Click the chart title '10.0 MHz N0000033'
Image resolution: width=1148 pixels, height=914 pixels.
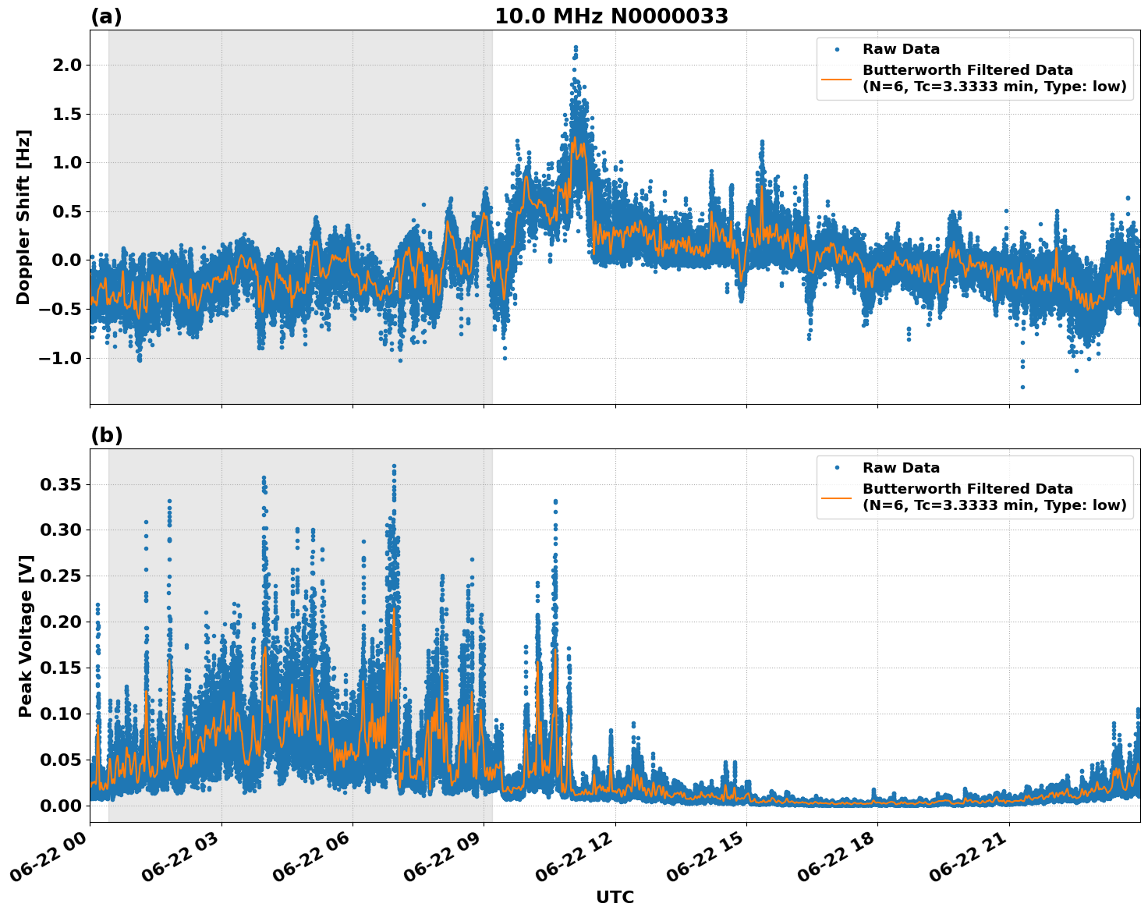click(x=611, y=16)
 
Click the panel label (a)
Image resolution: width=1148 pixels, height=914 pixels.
click(x=106, y=16)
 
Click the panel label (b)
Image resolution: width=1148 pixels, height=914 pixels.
click(x=106, y=435)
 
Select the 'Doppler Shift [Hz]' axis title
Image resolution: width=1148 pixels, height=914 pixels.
click(x=23, y=217)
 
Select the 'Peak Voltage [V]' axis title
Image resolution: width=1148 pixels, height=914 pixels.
click(x=26, y=636)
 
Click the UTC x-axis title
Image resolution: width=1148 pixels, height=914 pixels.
click(x=615, y=897)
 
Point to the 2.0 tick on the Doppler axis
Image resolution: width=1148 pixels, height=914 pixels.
click(x=65, y=65)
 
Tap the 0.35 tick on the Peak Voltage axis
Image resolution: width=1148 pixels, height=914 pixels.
click(x=60, y=484)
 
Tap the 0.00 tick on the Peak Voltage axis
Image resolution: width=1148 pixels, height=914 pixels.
click(x=60, y=805)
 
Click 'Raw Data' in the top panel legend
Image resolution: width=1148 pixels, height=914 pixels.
click(x=901, y=49)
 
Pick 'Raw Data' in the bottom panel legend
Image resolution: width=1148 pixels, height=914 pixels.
click(x=901, y=468)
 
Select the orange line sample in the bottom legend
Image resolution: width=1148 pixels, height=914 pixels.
click(x=836, y=497)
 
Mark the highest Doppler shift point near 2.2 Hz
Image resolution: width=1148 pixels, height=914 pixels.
click(x=576, y=48)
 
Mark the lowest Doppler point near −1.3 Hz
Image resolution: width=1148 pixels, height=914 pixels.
click(x=1022, y=387)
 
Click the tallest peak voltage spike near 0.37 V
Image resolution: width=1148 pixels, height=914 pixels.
click(x=394, y=466)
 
